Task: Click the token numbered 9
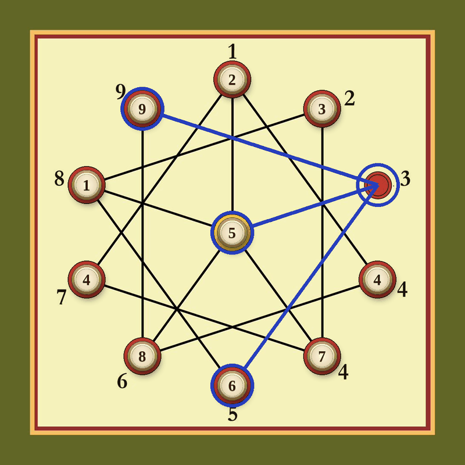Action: [x=142, y=109]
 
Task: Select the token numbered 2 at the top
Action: [x=232, y=80]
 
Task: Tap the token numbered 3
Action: [x=322, y=109]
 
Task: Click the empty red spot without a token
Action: [x=377, y=185]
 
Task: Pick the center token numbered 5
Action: [x=232, y=233]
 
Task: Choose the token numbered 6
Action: [x=232, y=385]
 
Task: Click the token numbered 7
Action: [x=322, y=356]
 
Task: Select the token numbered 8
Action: [x=142, y=356]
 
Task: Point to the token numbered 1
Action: [x=87, y=185]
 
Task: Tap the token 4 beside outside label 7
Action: [x=87, y=280]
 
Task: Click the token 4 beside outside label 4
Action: [x=377, y=280]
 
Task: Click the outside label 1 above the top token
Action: [x=233, y=51]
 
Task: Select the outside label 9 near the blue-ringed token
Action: [x=120, y=92]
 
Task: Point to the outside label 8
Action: [x=59, y=179]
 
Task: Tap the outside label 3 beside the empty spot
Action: [x=405, y=179]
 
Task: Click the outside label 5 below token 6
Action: [x=233, y=414]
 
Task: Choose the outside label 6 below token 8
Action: [x=122, y=381]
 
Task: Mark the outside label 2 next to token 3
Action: [x=350, y=99]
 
